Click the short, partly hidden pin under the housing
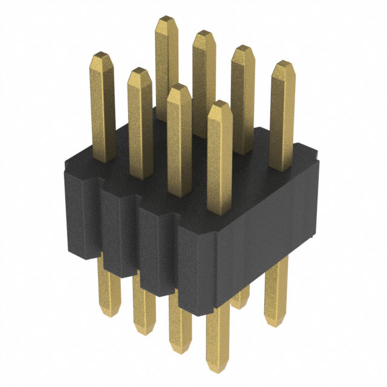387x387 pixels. point(242,299)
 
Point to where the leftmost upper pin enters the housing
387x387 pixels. point(105,158)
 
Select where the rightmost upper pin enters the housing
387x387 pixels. point(281,167)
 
